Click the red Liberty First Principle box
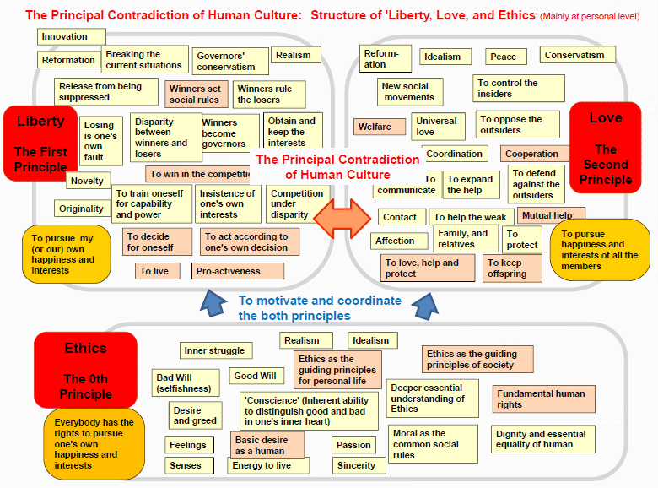[40, 144]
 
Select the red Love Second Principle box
[605, 148]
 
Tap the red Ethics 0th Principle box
[85, 370]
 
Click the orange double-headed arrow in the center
[342, 219]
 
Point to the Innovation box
[72, 36]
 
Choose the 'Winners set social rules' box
[196, 94]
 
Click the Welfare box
[380, 127]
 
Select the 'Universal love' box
[438, 127]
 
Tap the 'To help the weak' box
[472, 217]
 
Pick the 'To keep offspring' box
[512, 268]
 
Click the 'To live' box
[158, 271]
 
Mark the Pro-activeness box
[238, 271]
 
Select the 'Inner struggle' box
[216, 350]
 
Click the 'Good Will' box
[256, 376]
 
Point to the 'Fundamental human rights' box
[543, 399]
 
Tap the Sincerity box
[359, 465]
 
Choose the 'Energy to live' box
[268, 465]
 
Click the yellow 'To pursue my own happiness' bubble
[67, 254]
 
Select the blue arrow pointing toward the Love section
[425, 306]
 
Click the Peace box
[505, 57]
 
